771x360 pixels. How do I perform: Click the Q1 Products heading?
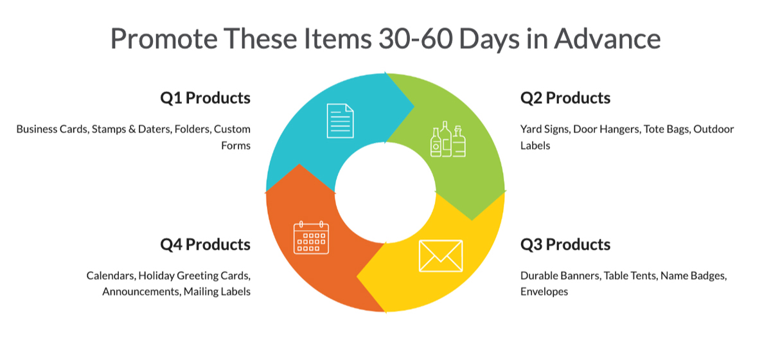click(205, 98)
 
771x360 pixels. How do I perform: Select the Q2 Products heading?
click(565, 98)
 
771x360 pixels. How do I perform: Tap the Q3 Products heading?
click(565, 244)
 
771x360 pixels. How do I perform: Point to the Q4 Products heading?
click(205, 244)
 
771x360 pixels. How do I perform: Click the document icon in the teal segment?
click(340, 121)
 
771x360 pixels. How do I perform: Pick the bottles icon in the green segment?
click(448, 139)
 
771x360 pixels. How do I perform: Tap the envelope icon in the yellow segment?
click(441, 256)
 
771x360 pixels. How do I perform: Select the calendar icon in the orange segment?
click(311, 238)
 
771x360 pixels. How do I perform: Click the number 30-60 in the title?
click(416, 39)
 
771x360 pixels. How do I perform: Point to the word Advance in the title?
click(607, 39)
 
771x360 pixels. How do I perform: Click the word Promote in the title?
click(164, 39)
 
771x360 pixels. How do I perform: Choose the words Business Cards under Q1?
click(53, 129)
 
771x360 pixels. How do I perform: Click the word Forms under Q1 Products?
click(236, 146)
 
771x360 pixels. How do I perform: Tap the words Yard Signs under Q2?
click(545, 129)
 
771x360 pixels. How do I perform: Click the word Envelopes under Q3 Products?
click(544, 292)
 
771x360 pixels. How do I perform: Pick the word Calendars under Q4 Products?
click(111, 276)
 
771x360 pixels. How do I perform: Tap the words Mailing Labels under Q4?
click(217, 292)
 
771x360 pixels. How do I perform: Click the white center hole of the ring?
click(385, 193)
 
